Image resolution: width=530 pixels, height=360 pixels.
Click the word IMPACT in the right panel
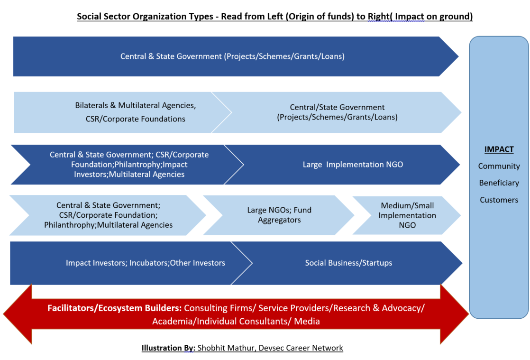499,149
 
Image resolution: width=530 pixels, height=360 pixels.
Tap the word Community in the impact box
499,166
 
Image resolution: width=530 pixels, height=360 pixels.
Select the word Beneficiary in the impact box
499,183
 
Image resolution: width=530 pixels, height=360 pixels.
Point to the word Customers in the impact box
499,200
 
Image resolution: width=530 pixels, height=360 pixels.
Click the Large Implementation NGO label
353,165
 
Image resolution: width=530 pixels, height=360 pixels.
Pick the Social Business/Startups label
348,263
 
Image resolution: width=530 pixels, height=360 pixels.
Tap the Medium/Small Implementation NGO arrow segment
408,215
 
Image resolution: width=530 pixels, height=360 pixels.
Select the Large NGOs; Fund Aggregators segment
279,215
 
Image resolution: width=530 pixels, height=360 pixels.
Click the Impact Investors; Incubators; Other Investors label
146,263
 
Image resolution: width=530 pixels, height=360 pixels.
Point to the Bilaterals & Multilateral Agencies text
135,105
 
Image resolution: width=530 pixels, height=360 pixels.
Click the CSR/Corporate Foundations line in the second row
136,119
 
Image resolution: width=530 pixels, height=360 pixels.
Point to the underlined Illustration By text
168,348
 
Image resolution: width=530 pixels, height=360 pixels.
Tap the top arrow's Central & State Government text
171,56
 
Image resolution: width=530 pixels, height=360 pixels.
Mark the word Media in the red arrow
307,321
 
